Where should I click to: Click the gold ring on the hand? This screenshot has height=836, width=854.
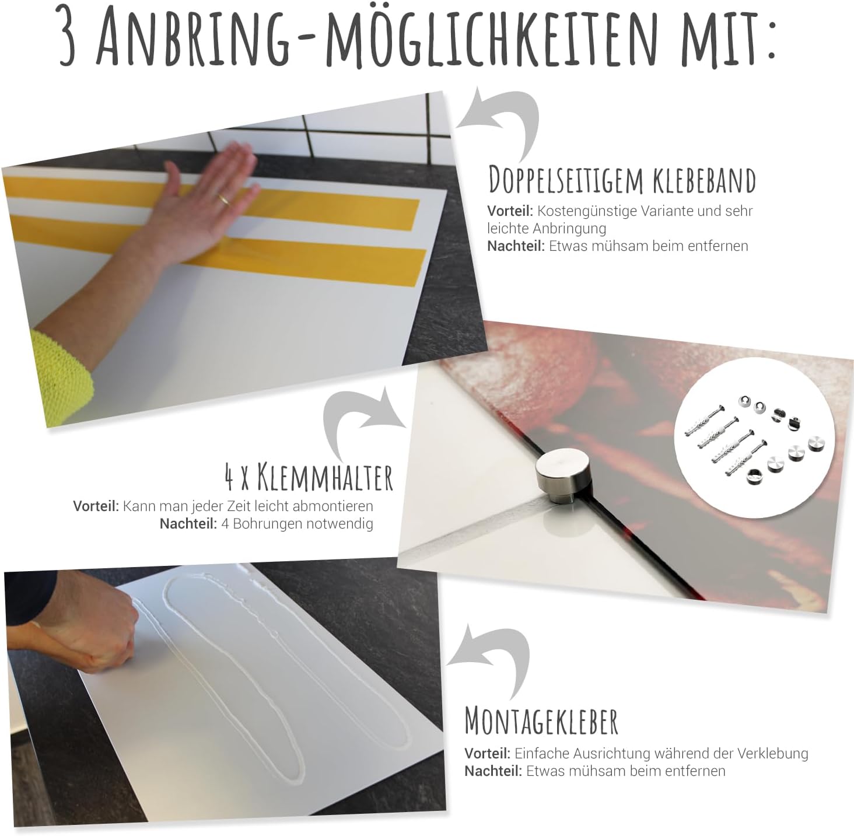(x=225, y=199)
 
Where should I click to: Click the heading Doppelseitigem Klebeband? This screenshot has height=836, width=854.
(x=622, y=180)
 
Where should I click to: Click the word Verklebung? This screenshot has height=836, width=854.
(x=773, y=754)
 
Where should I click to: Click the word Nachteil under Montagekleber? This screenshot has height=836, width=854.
(x=494, y=771)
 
